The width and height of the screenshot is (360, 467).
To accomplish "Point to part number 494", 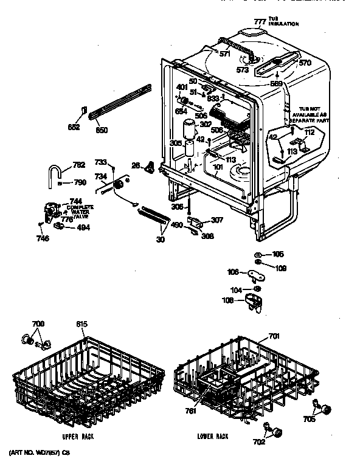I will pyautogui.click(x=82, y=229).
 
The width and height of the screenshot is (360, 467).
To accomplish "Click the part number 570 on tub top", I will pyautogui.click(x=305, y=61).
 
